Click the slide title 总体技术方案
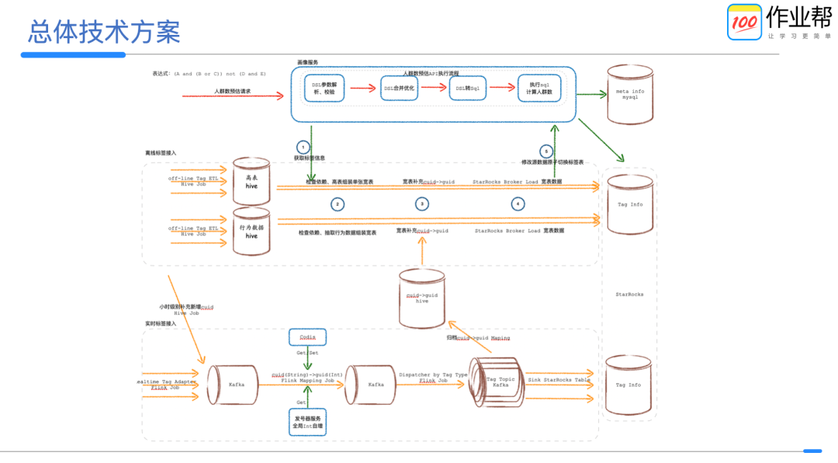[x=104, y=32]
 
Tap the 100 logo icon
[x=744, y=22]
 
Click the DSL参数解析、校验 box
[x=324, y=89]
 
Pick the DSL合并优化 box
[x=400, y=89]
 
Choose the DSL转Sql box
[x=468, y=88]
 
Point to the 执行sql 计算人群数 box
[x=539, y=88]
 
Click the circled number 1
[x=303, y=146]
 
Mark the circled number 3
[x=421, y=204]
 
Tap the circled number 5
[x=546, y=151]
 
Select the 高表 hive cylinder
[x=251, y=180]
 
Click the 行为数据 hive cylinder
[x=251, y=231]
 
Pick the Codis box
[x=307, y=337]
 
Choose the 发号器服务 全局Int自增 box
[x=307, y=423]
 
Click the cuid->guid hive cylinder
[x=421, y=298]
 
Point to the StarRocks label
[x=629, y=294]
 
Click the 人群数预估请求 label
[x=233, y=91]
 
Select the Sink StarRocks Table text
[x=559, y=380]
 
